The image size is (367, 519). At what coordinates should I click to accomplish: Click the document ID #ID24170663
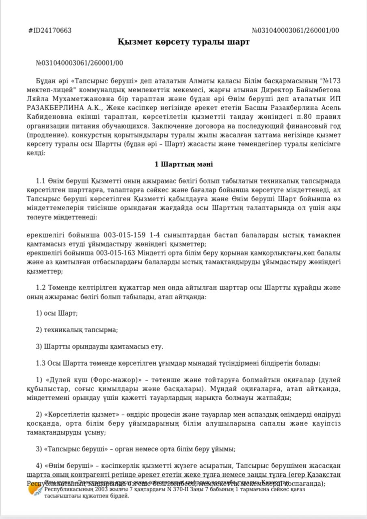[x=50, y=31]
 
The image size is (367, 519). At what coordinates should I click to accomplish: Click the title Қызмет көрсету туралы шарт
[x=183, y=42]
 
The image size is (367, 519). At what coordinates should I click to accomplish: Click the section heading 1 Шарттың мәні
[x=183, y=164]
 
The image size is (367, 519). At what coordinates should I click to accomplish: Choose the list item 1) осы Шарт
[x=57, y=313]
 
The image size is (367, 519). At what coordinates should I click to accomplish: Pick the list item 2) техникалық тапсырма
[x=77, y=330]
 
